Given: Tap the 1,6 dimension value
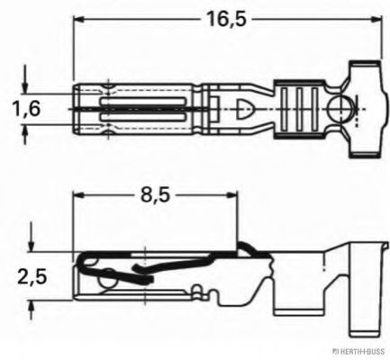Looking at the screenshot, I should click(x=26, y=109).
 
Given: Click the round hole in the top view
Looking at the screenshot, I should click(x=340, y=111).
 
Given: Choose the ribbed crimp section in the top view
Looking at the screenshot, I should click(x=298, y=110).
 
